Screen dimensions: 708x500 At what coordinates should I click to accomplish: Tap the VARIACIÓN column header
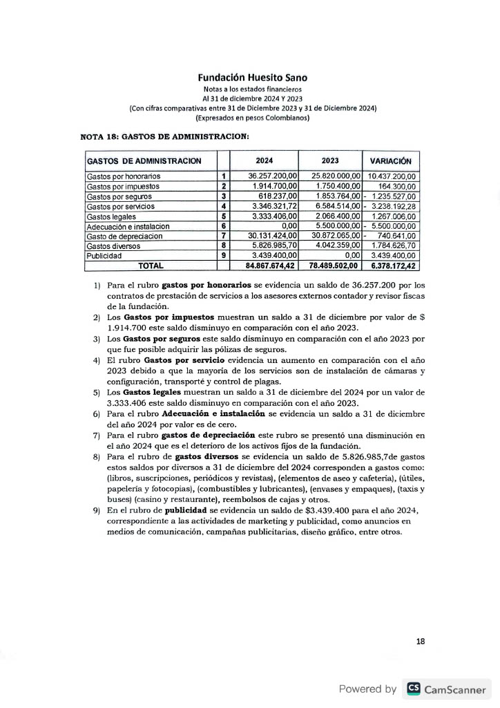[391, 161]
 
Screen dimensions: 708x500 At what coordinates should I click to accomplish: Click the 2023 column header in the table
[330, 161]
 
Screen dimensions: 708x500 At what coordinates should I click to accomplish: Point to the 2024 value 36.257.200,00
[272, 176]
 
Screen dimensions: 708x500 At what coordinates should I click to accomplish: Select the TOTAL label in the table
[151, 265]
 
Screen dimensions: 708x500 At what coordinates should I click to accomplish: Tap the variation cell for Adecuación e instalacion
[391, 226]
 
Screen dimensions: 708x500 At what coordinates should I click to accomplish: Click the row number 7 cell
[224, 236]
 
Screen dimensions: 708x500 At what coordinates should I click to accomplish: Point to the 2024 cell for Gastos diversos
[272, 245]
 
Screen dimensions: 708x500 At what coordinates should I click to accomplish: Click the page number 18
[421, 642]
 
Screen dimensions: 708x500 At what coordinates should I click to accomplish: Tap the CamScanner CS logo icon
[414, 689]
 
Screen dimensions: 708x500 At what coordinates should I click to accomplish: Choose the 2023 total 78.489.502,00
[331, 265]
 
